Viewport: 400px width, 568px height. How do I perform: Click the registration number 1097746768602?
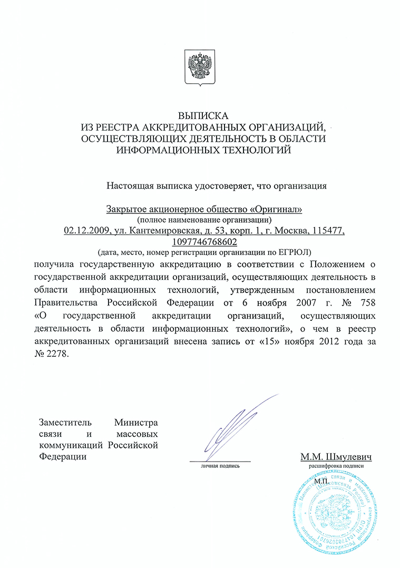204,242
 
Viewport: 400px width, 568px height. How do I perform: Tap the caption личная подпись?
220,466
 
